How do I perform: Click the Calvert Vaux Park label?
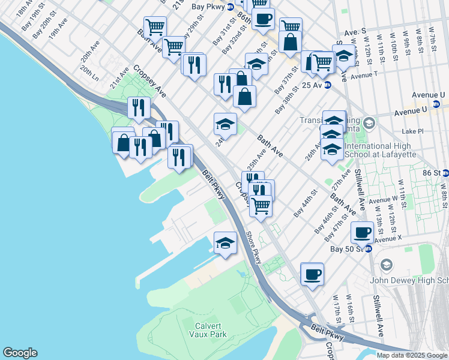(x=210, y=329)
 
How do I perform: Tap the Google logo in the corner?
(x=20, y=353)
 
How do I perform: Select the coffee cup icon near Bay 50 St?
(x=362, y=232)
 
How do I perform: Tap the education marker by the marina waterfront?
(x=225, y=243)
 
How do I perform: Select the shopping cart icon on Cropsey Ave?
(x=261, y=205)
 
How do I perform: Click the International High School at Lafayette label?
(x=385, y=150)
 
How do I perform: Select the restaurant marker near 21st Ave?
(x=139, y=107)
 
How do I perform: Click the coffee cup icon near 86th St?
(x=262, y=19)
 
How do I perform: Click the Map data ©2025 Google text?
(x=412, y=355)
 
